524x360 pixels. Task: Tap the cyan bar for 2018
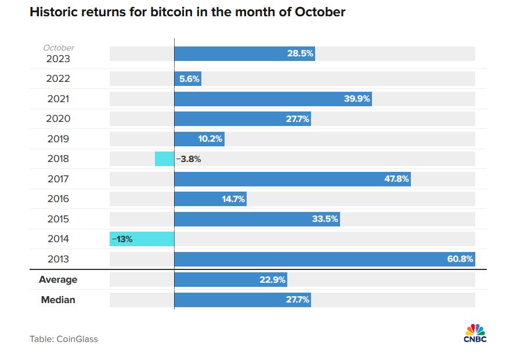pos(164,159)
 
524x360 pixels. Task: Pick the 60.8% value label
pos(460,259)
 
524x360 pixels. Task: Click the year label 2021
pos(58,99)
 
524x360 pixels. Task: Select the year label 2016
pos(58,199)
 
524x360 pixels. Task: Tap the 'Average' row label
pos(58,279)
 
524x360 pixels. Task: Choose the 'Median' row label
pos(58,300)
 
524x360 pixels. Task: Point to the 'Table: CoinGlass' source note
pos(64,339)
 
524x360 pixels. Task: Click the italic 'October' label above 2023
pos(59,48)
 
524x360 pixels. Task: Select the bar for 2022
pos(187,79)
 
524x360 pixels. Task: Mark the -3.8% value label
pos(189,159)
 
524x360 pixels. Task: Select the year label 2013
pos(58,259)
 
